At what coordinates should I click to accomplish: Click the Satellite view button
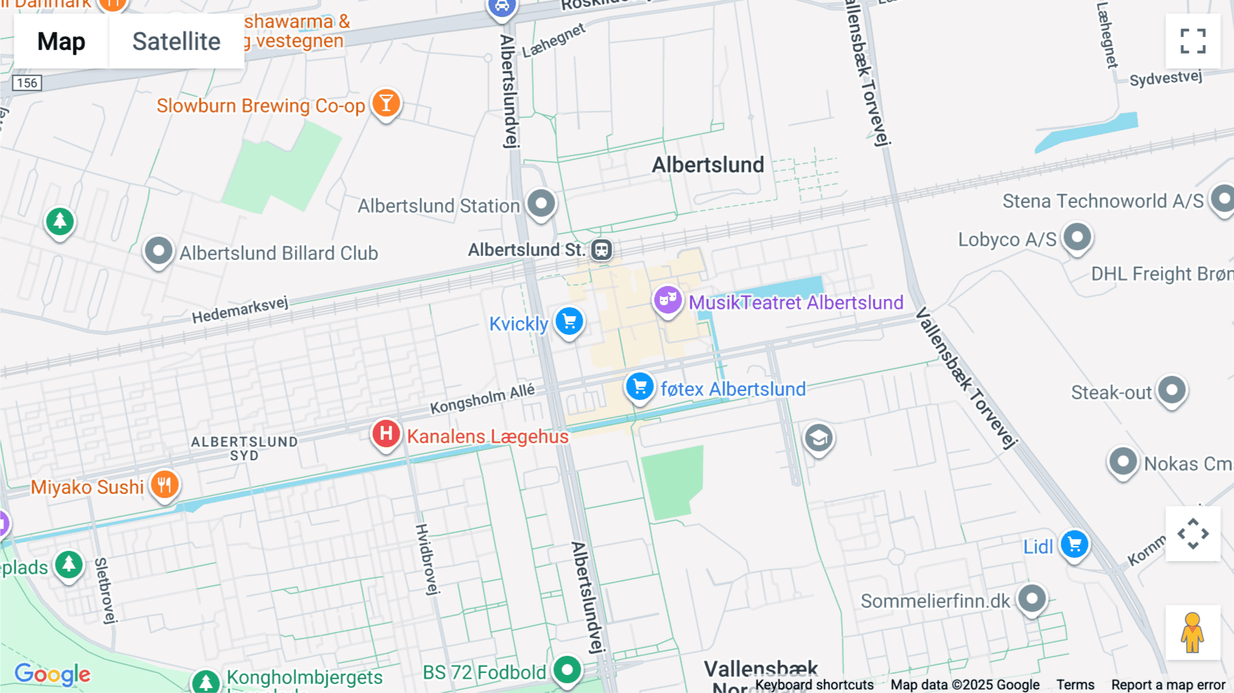tap(176, 41)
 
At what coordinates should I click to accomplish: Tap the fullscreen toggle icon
tap(1193, 41)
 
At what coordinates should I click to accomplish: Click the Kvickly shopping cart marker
tap(569, 321)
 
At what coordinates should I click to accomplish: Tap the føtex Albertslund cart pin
tap(640, 387)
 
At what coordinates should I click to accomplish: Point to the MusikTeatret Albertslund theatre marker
tap(667, 300)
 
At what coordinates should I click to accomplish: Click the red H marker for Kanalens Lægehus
tap(386, 434)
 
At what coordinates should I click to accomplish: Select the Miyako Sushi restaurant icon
tap(165, 485)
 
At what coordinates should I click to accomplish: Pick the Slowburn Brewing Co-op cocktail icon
tap(387, 104)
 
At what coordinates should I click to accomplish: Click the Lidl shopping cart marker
tap(1074, 545)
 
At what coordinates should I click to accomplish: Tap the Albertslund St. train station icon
tap(602, 250)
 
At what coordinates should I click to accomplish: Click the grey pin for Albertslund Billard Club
tap(158, 251)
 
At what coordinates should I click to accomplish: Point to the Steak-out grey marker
tap(1172, 390)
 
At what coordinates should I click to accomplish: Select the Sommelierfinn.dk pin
tap(1032, 599)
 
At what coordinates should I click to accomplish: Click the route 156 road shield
tap(27, 83)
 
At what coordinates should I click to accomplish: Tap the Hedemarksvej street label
tap(240, 310)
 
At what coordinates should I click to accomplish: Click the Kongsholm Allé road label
tap(482, 399)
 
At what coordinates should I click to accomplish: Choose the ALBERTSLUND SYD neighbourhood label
tap(244, 448)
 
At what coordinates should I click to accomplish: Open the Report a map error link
tap(1168, 685)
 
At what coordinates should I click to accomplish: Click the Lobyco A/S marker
tap(1077, 237)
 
